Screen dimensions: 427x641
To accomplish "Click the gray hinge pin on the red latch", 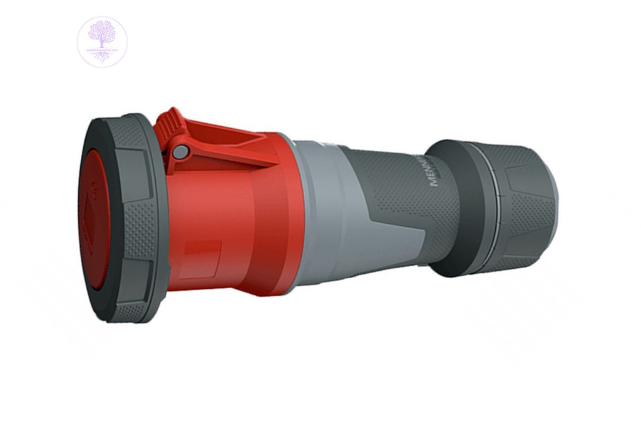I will [180, 152].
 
